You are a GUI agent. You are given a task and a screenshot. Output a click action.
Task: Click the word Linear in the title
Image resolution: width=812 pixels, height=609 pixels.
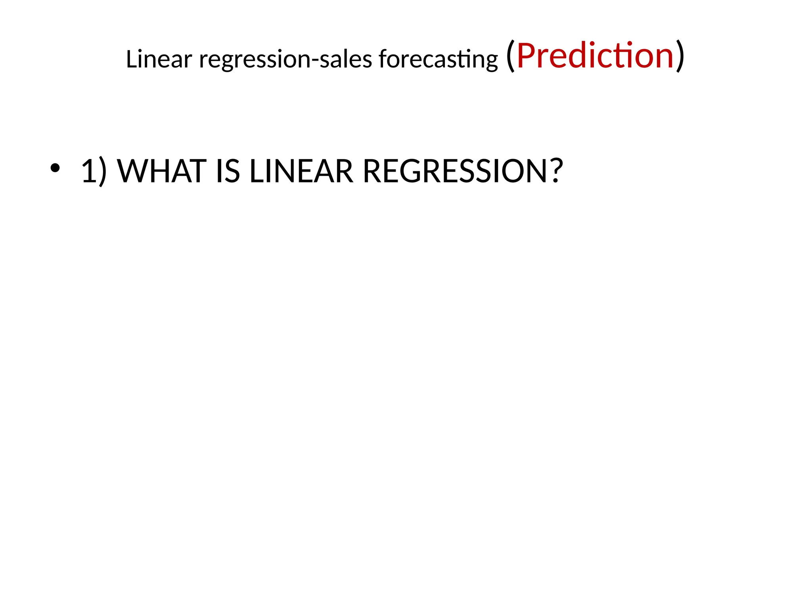point(159,59)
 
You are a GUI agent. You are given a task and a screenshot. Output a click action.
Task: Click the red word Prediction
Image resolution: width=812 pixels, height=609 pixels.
point(595,56)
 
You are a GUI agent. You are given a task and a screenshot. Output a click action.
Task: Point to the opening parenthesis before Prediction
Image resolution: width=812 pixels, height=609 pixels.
point(511,56)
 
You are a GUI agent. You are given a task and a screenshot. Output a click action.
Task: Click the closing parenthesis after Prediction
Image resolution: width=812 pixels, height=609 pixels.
point(680,56)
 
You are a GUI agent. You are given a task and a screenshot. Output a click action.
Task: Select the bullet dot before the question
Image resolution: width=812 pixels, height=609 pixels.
point(55,168)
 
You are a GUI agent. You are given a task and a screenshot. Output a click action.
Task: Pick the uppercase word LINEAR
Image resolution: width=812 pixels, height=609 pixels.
point(301,171)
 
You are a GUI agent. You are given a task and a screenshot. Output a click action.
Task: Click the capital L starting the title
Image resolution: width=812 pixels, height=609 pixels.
point(131,59)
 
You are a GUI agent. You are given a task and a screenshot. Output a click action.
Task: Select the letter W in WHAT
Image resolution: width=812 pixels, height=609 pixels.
point(134,171)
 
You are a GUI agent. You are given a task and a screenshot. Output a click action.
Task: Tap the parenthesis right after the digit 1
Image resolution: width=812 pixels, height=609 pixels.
point(102,172)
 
